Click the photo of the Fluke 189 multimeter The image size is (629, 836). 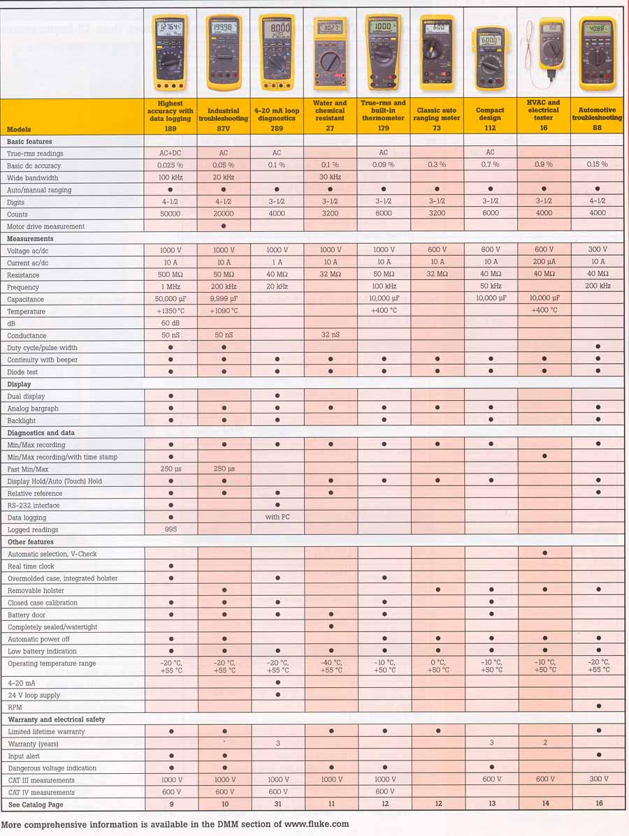point(170,53)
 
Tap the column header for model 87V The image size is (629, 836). point(224,115)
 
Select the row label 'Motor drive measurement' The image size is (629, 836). point(45,226)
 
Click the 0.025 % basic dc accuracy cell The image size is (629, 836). point(170,166)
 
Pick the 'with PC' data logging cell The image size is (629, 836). point(277,518)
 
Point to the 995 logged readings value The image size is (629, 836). point(170,529)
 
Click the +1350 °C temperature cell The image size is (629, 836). point(170,311)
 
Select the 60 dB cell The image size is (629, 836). point(170,323)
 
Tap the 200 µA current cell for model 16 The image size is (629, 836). point(544,263)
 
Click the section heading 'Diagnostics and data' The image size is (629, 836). point(41,432)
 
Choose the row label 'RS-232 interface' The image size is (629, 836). point(34,505)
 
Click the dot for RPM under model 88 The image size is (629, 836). point(599,707)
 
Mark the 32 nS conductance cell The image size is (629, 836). point(331,336)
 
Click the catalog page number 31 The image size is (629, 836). point(277,804)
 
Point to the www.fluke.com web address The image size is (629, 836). point(317,824)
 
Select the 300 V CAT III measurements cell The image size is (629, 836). point(599,779)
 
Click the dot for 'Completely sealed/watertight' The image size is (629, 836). point(331,626)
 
